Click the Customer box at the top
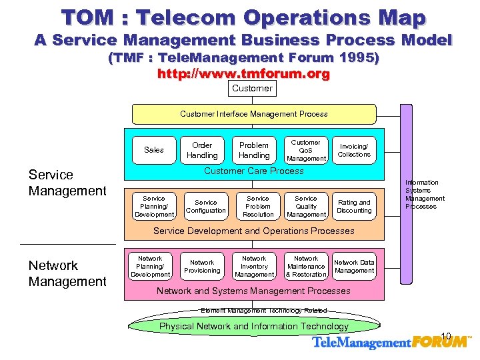coord(252,89)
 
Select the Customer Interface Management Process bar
coord(254,114)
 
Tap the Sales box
coord(154,150)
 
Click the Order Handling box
coord(202,150)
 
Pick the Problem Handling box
coord(254,150)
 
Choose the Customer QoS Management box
coord(306,150)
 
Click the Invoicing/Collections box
coord(354,150)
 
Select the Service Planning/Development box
coord(154,207)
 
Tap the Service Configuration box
coord(206,207)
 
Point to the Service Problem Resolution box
coord(258,207)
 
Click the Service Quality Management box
coord(306,207)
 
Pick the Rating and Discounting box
coord(354,207)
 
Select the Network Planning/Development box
coord(150,266)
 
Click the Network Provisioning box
coord(202,266)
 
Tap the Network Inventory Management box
coord(254,266)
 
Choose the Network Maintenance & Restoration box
coord(306,266)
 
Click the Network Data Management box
coord(354,266)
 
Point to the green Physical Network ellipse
coord(253,327)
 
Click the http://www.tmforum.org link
coord(243,74)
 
